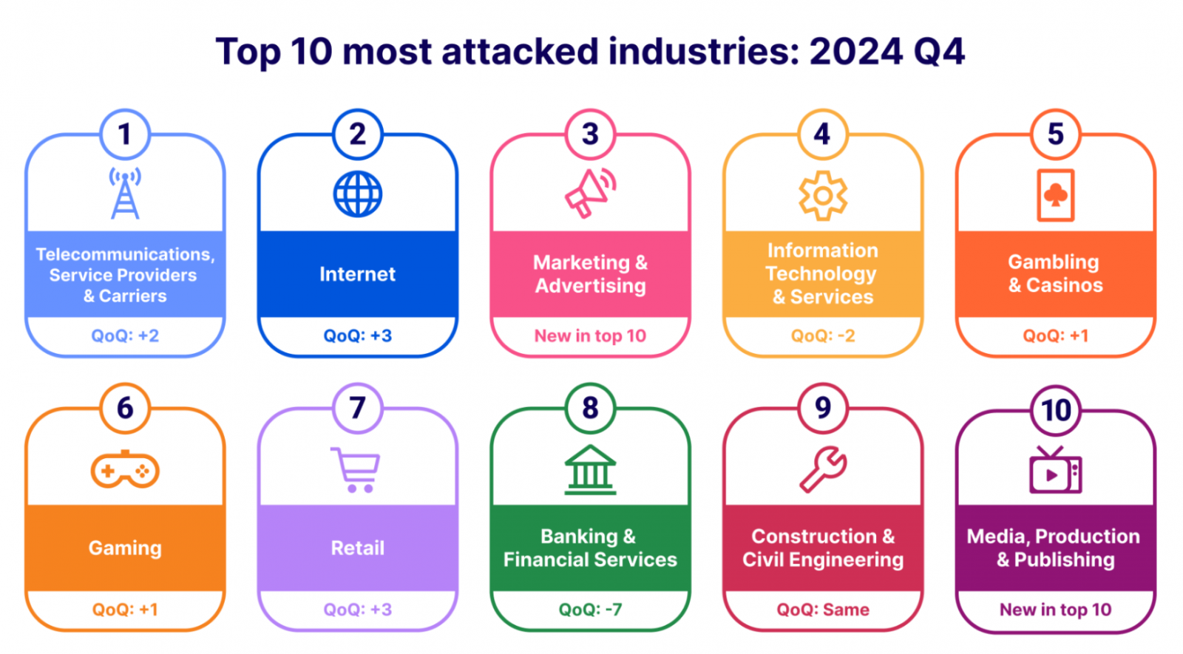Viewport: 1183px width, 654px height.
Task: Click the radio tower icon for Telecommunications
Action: (125, 194)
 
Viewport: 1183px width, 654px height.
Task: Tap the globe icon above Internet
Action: (358, 194)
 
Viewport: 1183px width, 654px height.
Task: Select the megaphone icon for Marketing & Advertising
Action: (590, 194)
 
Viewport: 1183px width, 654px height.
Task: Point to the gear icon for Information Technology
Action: (823, 195)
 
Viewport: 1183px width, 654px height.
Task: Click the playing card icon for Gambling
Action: (1055, 196)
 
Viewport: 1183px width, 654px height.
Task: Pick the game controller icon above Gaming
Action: (125, 469)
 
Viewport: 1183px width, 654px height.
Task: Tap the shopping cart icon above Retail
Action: (356, 469)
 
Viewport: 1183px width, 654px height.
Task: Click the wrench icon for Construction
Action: (823, 469)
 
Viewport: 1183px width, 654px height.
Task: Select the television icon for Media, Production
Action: (1055, 471)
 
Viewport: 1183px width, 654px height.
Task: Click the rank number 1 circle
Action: (125, 134)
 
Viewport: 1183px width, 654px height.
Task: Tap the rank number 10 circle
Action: (1056, 410)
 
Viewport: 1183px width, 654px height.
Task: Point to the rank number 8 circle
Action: (590, 408)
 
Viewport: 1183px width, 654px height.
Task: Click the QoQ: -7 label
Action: (590, 610)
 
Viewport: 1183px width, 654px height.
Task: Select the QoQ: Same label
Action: (823, 610)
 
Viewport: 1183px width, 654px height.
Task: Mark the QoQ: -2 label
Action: (823, 335)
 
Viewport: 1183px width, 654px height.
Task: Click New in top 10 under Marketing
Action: (590, 335)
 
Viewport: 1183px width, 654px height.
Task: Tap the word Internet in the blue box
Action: (358, 274)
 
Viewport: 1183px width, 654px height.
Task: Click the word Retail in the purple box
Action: (358, 548)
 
